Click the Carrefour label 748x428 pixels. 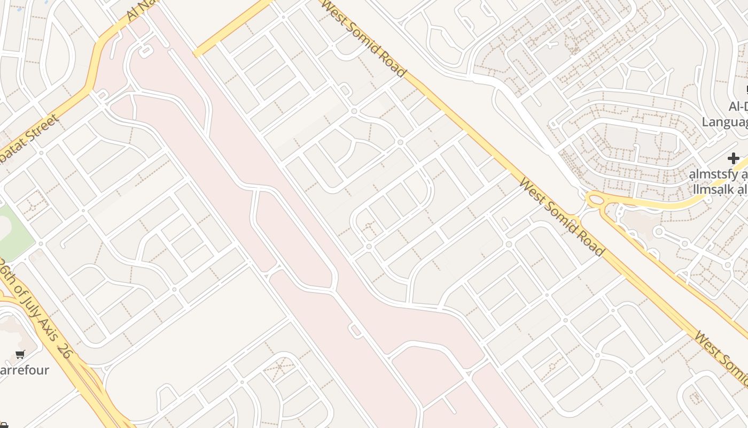[24, 370]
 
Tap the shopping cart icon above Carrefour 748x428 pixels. [20, 354]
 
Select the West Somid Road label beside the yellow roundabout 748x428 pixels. [561, 217]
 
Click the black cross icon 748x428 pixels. [733, 158]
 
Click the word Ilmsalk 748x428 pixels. [713, 189]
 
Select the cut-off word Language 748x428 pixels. [724, 122]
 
